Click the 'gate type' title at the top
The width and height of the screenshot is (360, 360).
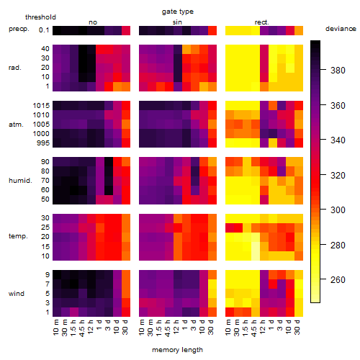pyautogui.click(x=178, y=12)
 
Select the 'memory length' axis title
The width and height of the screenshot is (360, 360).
pyautogui.click(x=177, y=350)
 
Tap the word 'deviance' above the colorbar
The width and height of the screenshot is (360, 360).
pyautogui.click(x=341, y=29)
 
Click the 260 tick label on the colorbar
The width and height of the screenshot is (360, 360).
pyautogui.click(x=338, y=279)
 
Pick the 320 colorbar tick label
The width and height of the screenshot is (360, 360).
pyautogui.click(x=338, y=175)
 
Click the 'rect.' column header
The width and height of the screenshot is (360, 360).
pyautogui.click(x=262, y=22)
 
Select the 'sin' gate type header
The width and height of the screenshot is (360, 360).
pyautogui.click(x=177, y=22)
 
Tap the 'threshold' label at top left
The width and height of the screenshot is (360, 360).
pyautogui.click(x=40, y=17)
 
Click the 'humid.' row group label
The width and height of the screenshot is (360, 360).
pyautogui.click(x=20, y=181)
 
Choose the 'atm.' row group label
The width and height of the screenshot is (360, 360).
pyautogui.click(x=16, y=125)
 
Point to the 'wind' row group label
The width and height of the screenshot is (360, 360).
pyautogui.click(x=17, y=294)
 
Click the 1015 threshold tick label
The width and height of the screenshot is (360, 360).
pyautogui.click(x=41, y=106)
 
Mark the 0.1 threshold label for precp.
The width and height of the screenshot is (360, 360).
pyautogui.click(x=44, y=30)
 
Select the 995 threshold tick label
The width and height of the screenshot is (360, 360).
pyautogui.click(x=43, y=143)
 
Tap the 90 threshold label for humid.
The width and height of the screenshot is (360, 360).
pyautogui.click(x=45, y=162)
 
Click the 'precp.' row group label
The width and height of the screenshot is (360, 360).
pyautogui.click(x=19, y=29)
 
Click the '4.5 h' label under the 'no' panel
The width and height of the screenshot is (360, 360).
pyautogui.click(x=82, y=328)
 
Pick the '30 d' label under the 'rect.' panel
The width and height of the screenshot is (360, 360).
pyautogui.click(x=297, y=327)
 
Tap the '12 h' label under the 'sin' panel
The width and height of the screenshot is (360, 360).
pyautogui.click(x=176, y=327)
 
